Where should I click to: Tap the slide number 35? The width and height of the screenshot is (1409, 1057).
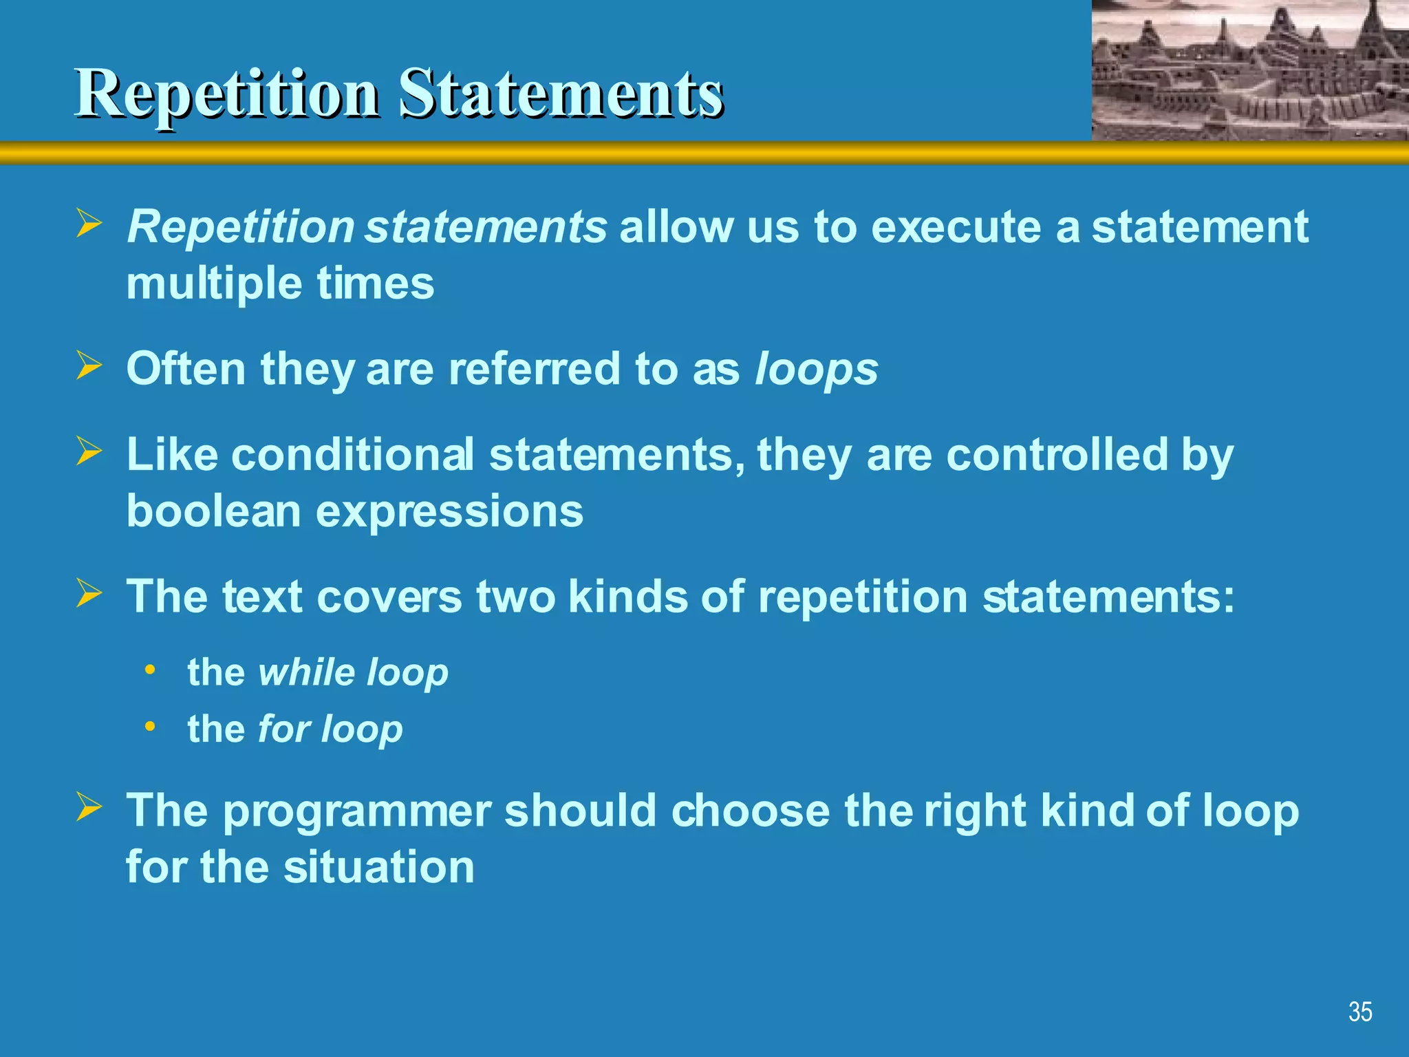click(1359, 1012)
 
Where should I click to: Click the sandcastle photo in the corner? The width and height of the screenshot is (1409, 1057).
click(1249, 70)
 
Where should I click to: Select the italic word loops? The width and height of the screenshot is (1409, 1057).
click(816, 370)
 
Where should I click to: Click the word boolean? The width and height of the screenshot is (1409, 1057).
click(213, 511)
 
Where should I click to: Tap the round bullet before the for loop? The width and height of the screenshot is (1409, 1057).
click(150, 726)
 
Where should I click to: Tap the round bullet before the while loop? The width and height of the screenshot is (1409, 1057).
click(150, 669)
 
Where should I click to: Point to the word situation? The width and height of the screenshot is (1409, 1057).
click(378, 867)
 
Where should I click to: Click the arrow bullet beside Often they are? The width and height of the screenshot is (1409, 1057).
click(89, 365)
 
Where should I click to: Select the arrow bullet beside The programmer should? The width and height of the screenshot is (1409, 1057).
click(89, 807)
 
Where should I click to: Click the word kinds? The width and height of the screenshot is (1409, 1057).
click(627, 596)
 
